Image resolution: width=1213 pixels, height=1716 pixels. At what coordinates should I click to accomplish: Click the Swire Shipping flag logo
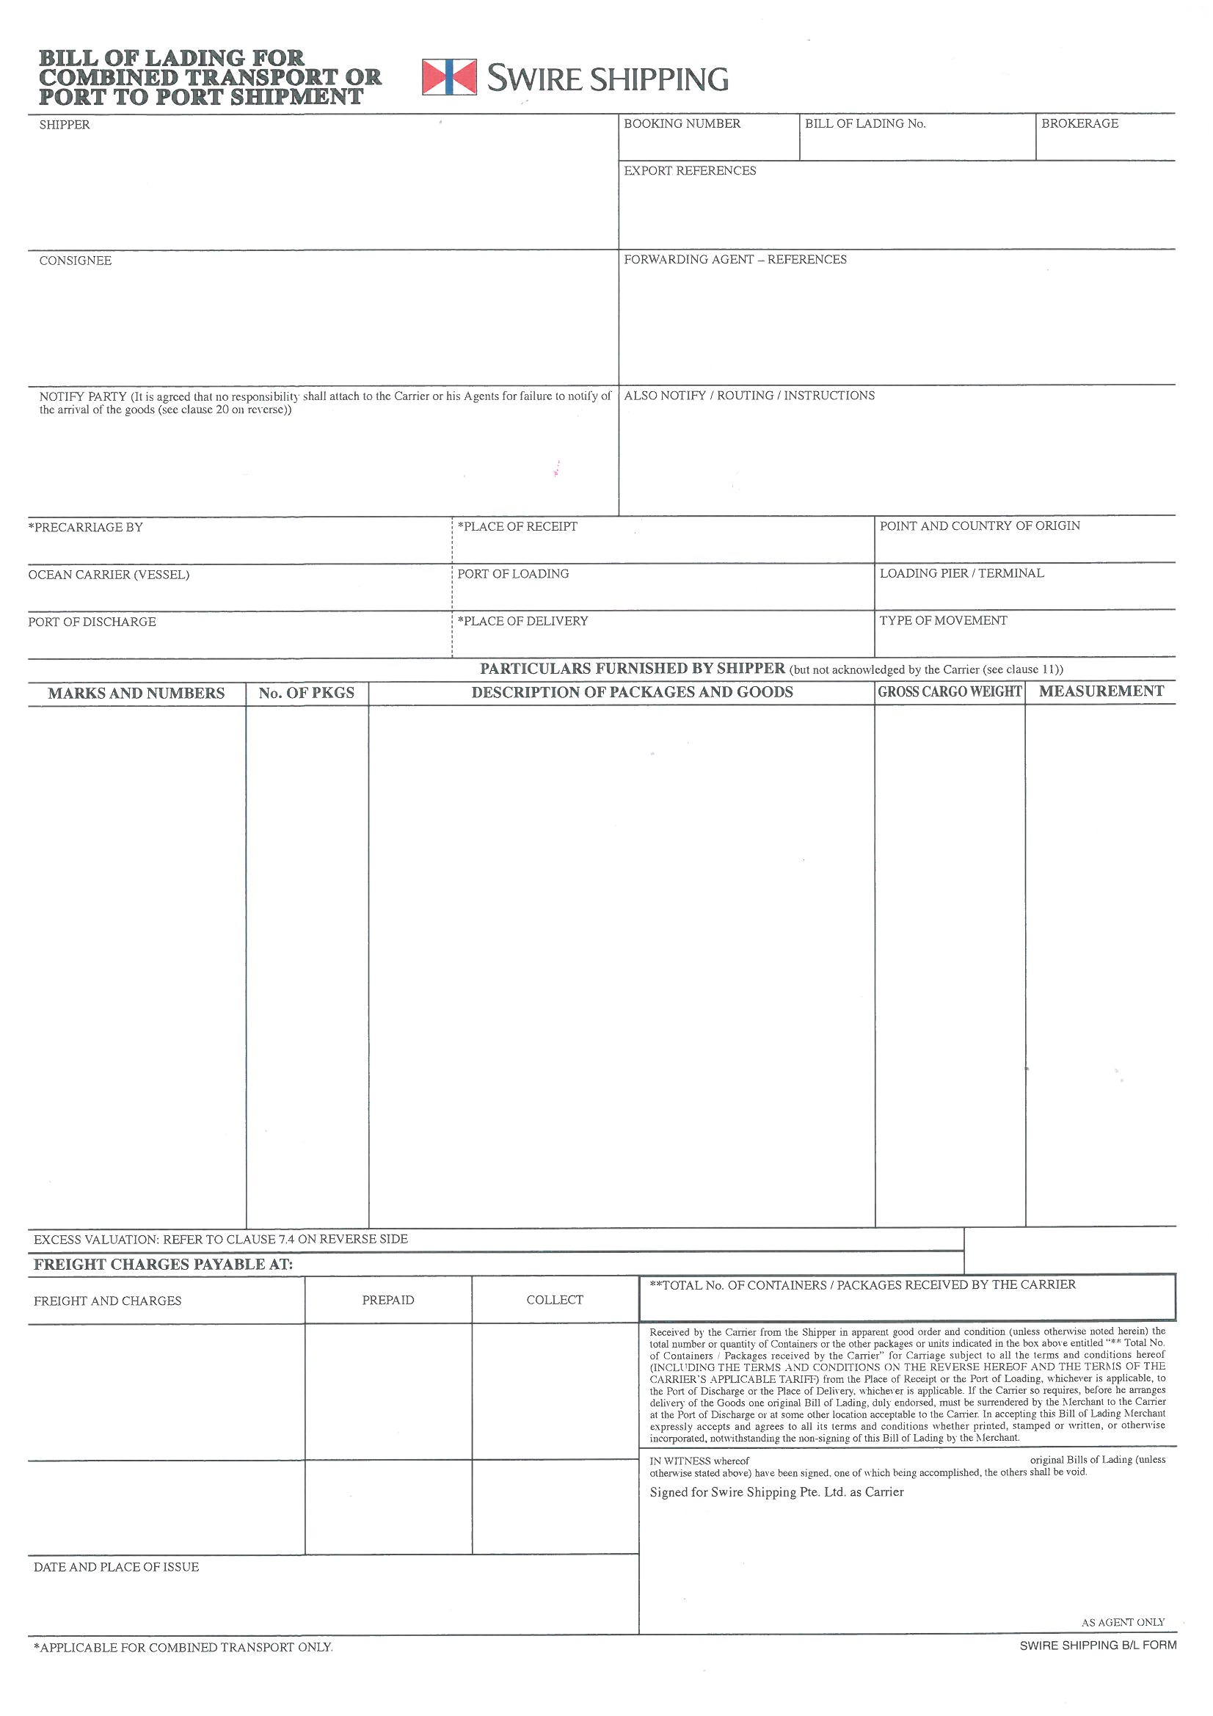(448, 77)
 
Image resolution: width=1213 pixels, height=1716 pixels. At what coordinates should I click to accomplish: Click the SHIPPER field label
(65, 125)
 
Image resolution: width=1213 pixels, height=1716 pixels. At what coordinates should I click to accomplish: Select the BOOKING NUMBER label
(682, 124)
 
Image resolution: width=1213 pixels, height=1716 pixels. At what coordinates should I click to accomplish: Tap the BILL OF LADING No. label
(864, 124)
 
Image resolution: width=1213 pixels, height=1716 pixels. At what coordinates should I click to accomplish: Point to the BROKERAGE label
(1079, 124)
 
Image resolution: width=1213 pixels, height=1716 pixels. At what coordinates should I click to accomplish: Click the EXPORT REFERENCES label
(690, 171)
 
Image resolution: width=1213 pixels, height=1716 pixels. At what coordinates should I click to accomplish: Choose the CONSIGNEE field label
(75, 261)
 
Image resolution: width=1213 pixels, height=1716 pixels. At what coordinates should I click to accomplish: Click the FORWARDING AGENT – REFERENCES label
(735, 260)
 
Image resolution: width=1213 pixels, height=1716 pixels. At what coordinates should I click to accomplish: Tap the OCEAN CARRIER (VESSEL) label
(109, 575)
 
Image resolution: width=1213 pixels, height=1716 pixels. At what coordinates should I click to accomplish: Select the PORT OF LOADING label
(513, 574)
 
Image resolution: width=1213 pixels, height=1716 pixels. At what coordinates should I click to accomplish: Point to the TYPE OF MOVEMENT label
(942, 621)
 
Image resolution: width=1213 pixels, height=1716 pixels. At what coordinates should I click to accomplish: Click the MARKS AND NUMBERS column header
(136, 694)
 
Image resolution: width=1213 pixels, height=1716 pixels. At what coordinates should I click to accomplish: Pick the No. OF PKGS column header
(307, 694)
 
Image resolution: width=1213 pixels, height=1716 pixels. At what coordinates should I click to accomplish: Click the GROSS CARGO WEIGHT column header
(949, 692)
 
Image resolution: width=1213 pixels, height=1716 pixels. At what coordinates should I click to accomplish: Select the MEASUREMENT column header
(1101, 691)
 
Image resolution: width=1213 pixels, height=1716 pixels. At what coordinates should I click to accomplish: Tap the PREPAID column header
(388, 1301)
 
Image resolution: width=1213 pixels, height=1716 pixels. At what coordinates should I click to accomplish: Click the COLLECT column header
(555, 1301)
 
